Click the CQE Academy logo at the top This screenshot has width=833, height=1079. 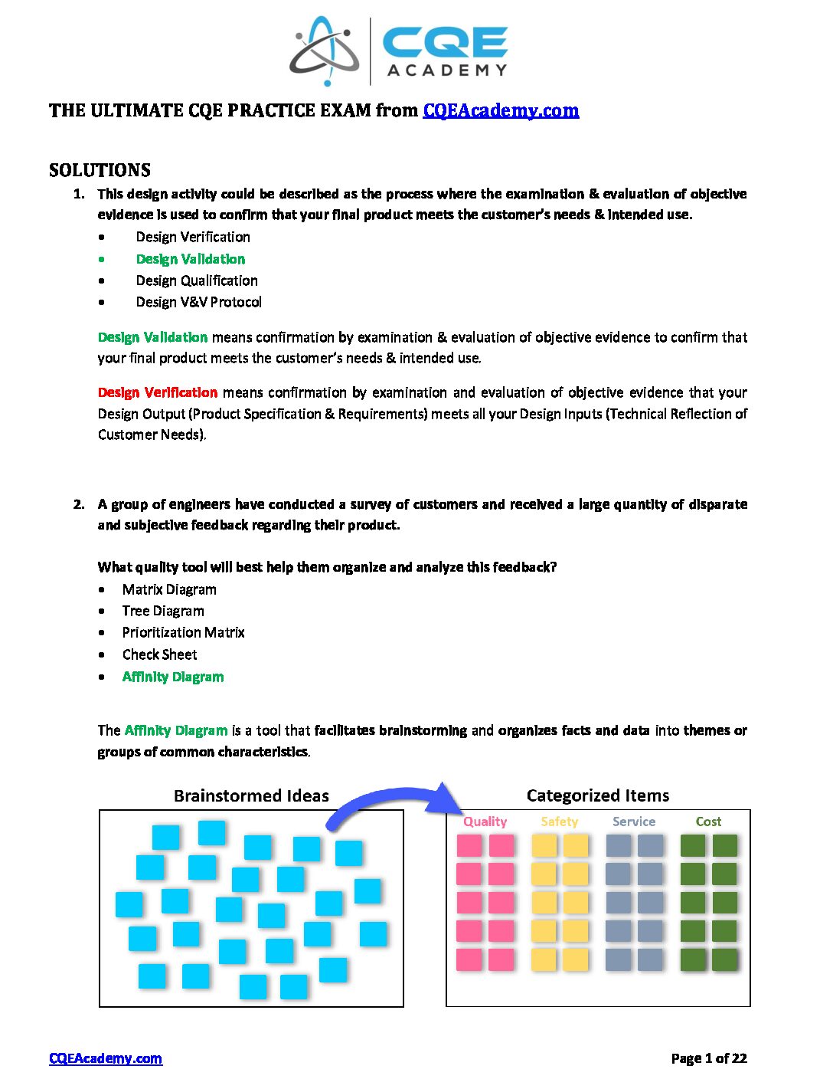tap(399, 51)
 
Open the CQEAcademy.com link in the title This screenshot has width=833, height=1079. tap(501, 110)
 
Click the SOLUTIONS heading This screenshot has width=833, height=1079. tap(100, 170)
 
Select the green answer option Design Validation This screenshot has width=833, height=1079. tap(191, 259)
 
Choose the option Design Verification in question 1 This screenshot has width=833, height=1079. tap(193, 237)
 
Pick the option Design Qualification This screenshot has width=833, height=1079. tap(197, 280)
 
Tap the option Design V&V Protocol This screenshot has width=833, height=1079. tap(198, 302)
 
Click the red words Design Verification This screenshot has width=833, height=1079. tap(158, 392)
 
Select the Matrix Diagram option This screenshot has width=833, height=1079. tap(169, 589)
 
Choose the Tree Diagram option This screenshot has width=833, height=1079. tap(163, 611)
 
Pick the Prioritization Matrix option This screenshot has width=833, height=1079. tap(183, 632)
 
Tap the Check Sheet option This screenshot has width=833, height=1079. tap(159, 654)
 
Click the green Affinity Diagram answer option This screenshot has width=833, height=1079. tap(173, 677)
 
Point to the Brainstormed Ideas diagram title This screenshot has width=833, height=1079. tap(251, 795)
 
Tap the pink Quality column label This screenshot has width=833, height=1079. tap(485, 822)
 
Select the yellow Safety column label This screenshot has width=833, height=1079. tap(559, 822)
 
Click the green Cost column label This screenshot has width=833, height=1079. tap(708, 822)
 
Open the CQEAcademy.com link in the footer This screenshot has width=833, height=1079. tap(106, 1058)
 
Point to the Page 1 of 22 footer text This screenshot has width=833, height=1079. tap(708, 1058)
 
